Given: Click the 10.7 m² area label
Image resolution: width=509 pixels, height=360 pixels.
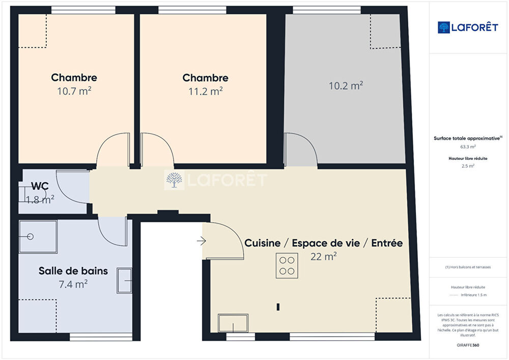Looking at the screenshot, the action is click(74, 91).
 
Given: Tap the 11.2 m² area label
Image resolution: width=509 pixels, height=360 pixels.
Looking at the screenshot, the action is click(206, 91).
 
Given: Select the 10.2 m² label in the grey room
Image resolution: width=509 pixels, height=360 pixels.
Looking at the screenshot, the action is click(346, 86).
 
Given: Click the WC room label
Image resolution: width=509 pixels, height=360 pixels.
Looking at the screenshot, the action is click(40, 186).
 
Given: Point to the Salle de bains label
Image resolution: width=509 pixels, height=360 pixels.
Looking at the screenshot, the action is click(73, 271).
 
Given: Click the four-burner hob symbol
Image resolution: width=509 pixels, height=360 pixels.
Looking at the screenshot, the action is click(287, 265).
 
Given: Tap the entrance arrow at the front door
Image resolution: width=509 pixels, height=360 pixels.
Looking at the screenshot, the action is click(201, 241).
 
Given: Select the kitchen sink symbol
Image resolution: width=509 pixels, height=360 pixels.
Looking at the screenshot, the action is click(233, 323).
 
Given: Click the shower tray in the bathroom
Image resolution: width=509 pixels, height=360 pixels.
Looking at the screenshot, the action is click(38, 237).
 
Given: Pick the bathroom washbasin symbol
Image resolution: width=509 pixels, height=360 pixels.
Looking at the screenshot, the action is click(124, 281).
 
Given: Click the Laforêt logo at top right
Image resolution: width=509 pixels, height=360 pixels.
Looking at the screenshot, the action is click(468, 27).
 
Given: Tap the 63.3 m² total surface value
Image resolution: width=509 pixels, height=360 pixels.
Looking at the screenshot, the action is click(468, 147).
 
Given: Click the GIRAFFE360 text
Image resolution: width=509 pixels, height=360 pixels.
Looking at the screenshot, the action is click(468, 345).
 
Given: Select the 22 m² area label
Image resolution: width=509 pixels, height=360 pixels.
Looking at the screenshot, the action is click(323, 257).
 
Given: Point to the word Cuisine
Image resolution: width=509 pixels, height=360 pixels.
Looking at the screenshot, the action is click(262, 243).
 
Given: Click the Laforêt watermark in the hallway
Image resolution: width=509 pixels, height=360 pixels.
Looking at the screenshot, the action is click(216, 180).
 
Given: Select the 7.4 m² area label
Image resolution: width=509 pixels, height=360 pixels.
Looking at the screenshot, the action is click(73, 284).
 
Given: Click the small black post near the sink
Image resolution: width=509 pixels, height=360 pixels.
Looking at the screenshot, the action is click(278, 307).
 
